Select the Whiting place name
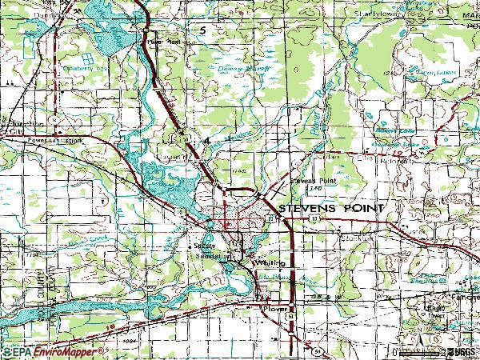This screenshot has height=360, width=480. [264, 262]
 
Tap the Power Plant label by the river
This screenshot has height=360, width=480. [161, 38]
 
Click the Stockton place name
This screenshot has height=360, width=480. [350, 238]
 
